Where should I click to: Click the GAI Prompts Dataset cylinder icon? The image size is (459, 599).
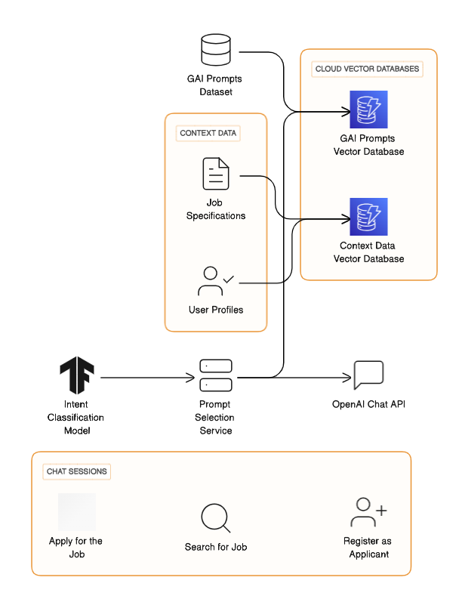pos(216,51)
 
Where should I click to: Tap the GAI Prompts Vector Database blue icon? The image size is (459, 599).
pos(368,110)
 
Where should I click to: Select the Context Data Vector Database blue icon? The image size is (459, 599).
pos(368,217)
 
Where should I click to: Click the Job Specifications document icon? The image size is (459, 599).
pos(216,173)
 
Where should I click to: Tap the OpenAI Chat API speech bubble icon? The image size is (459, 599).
pos(368,375)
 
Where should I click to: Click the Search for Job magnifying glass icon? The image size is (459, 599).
pos(216,518)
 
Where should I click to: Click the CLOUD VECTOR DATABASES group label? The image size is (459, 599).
pos(367,69)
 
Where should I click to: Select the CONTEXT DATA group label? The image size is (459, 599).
pos(208,133)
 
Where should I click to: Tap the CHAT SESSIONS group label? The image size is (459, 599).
pos(77,471)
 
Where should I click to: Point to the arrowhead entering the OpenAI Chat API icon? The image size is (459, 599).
pos(348,377)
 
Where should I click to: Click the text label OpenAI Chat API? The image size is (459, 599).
pos(368,404)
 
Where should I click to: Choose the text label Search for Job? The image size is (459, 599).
pos(216,547)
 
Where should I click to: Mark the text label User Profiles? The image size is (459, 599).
pos(216,310)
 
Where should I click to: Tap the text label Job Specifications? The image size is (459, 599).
pos(216,209)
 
